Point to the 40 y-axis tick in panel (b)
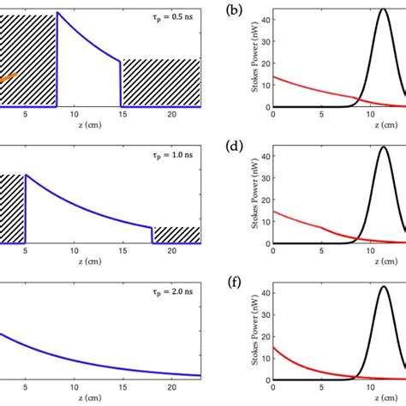coord(266,21)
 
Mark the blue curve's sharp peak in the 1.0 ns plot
coord(26,175)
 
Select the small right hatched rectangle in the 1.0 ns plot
coord(176,235)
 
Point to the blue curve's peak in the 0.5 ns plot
coord(57,13)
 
